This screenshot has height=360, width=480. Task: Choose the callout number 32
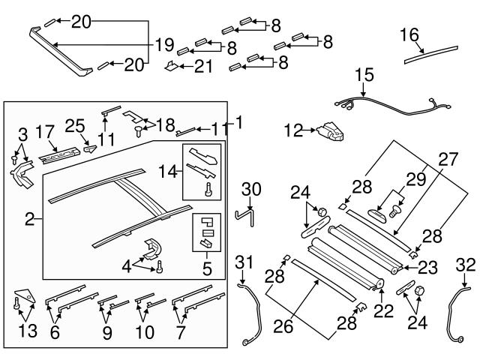[465, 263]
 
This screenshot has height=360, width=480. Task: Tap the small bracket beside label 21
[172, 67]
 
